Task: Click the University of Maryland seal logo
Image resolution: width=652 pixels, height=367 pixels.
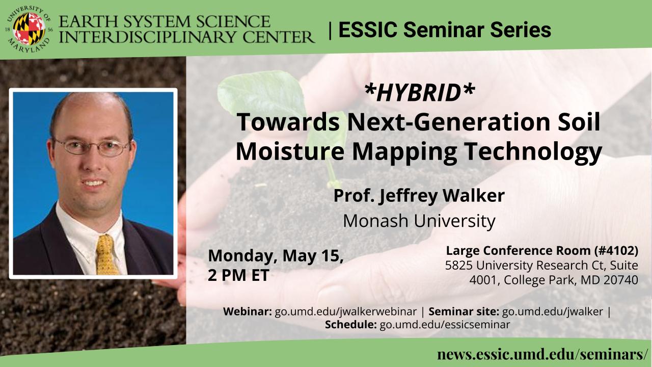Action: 29,29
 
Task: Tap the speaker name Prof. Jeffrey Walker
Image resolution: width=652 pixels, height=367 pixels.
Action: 419,196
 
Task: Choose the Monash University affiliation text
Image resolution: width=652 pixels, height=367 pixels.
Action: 419,221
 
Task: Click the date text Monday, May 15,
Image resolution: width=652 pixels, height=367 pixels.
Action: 276,256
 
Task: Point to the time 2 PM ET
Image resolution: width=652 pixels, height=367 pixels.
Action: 238,275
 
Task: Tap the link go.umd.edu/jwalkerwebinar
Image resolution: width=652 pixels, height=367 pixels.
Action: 345,311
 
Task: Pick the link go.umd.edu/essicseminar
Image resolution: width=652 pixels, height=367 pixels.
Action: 445,325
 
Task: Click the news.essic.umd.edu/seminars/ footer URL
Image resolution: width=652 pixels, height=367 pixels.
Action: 544,354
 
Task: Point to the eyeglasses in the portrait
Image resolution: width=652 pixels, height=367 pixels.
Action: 92,147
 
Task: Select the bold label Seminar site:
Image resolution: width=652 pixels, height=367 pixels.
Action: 464,311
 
